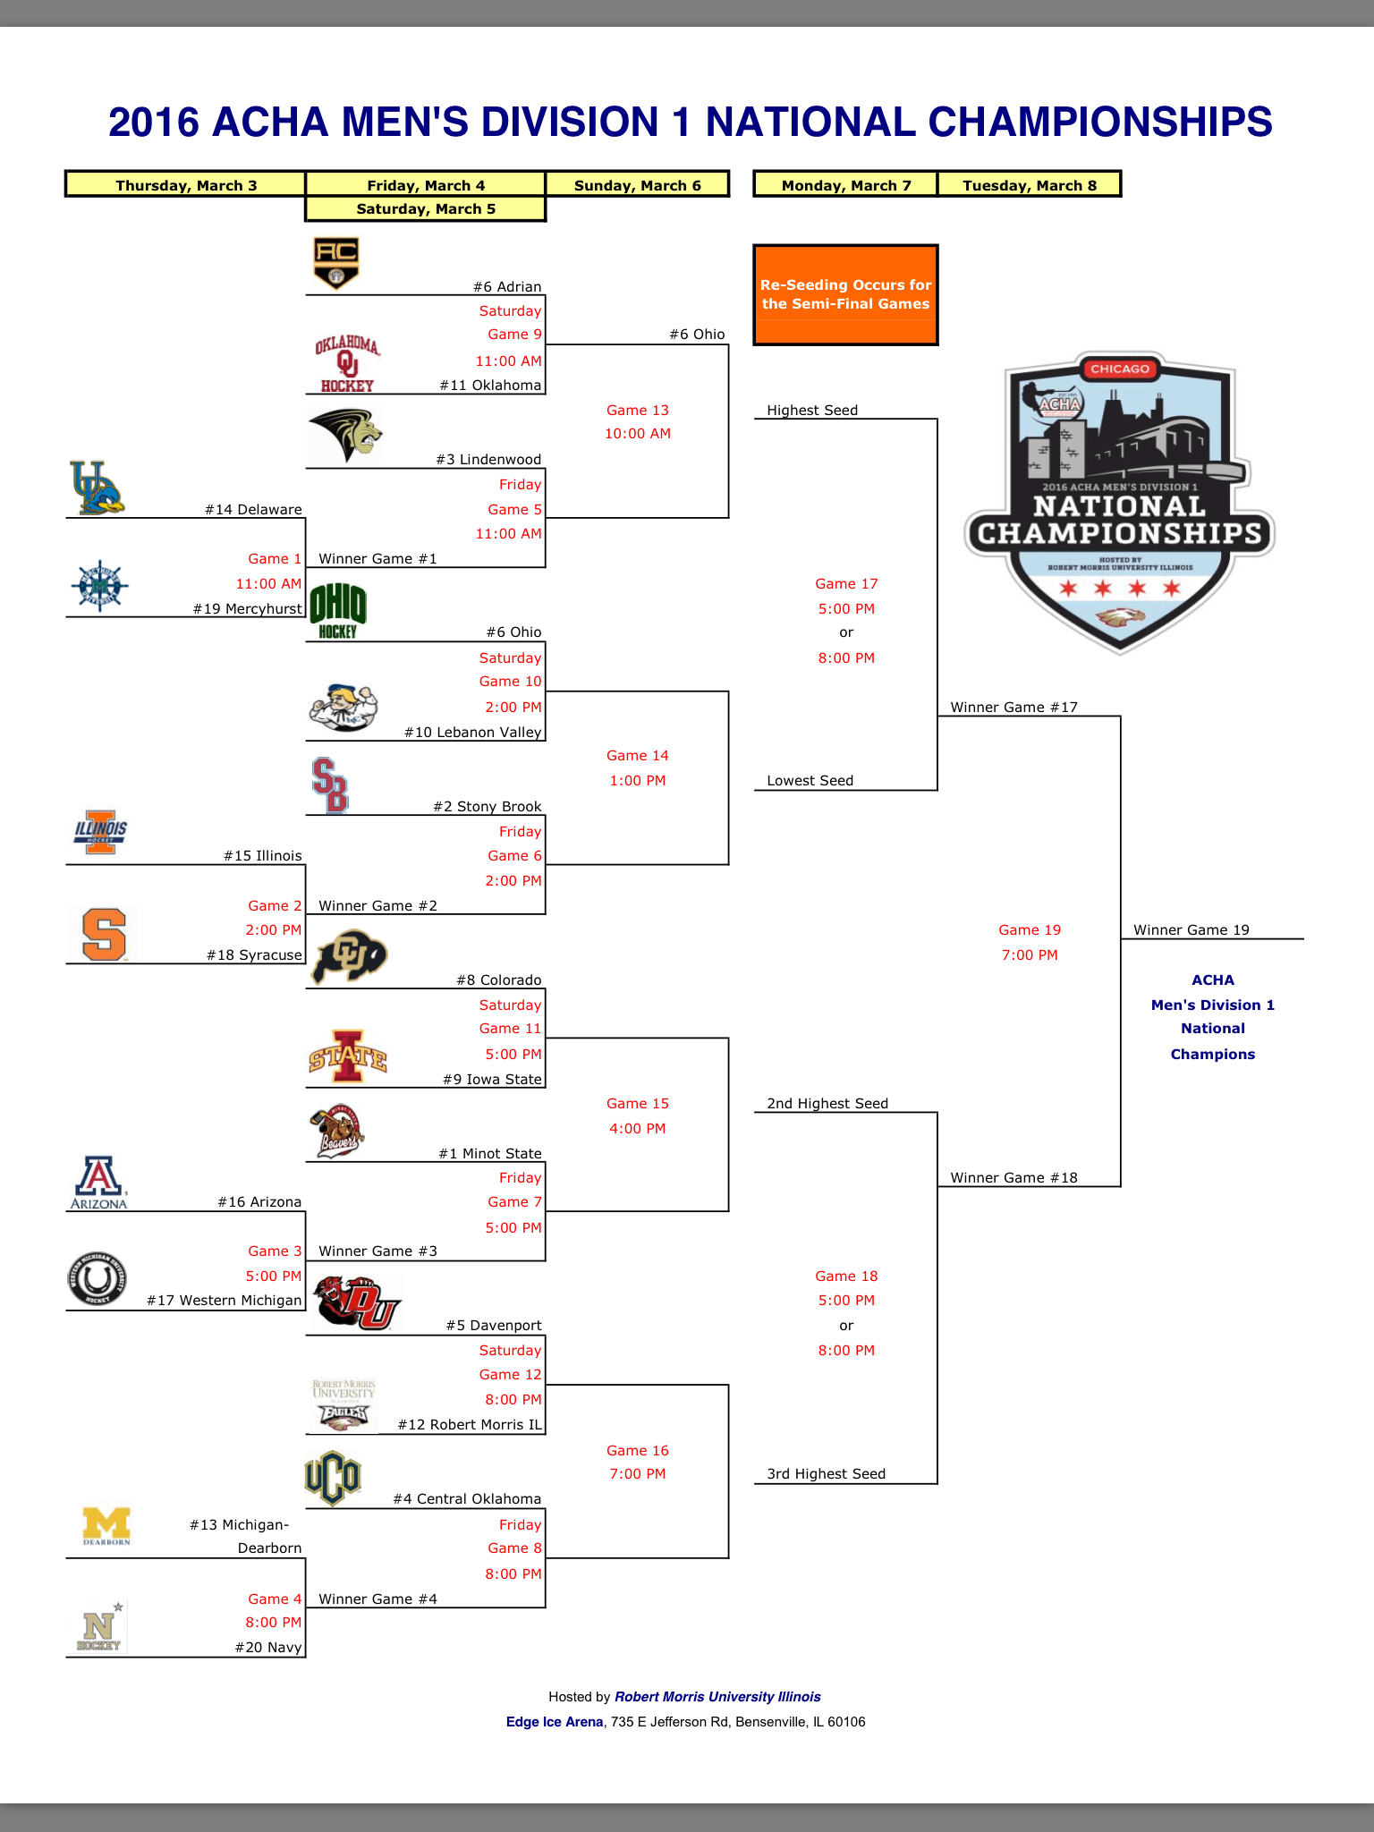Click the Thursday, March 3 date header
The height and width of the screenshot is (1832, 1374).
[x=186, y=185]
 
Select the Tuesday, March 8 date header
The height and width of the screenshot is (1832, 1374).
[x=1029, y=185]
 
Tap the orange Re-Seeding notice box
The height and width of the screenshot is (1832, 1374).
[x=845, y=294]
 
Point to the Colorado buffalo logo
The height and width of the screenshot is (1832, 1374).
[x=348, y=955]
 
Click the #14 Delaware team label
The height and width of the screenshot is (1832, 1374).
[x=253, y=510]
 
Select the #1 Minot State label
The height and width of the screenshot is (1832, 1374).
[x=489, y=1154]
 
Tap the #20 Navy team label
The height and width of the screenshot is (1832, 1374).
[x=268, y=1648]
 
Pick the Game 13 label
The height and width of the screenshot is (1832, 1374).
[x=638, y=411]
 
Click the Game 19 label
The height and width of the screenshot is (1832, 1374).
[x=1030, y=930]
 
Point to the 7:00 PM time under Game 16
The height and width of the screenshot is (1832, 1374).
[x=638, y=1474]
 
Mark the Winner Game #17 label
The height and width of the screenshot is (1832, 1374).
[x=1014, y=708]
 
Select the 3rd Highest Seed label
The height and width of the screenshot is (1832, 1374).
[x=826, y=1474]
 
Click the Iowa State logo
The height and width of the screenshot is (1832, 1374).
[x=347, y=1056]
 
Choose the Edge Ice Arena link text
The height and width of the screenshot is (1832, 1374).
[x=555, y=1722]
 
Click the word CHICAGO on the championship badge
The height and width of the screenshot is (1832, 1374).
[x=1120, y=369]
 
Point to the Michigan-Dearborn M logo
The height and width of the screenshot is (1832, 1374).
[x=106, y=1526]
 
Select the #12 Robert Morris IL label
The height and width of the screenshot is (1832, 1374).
[x=470, y=1425]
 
